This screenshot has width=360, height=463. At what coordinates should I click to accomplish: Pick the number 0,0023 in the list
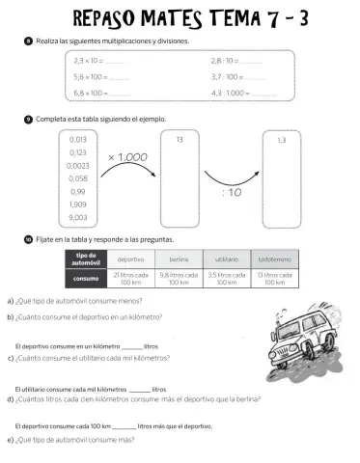(80, 165)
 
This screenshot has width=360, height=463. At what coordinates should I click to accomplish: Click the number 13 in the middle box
(180, 140)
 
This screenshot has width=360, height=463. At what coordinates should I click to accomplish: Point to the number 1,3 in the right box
(281, 140)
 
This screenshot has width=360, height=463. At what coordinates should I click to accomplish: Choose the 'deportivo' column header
(130, 259)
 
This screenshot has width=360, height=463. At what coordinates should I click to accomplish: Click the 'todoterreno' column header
(274, 259)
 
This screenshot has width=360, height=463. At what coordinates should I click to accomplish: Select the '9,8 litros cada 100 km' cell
(178, 278)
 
